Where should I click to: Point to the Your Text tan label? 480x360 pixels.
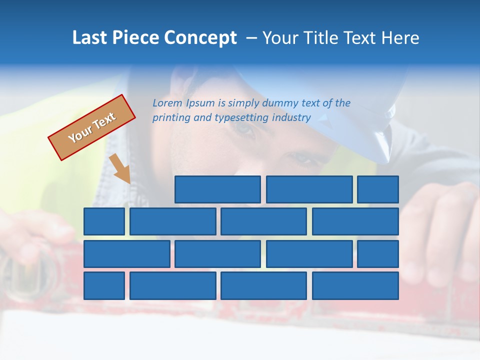coord(91,127)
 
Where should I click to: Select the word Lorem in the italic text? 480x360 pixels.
coord(167,103)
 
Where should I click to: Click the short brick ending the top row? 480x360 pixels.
coord(378,189)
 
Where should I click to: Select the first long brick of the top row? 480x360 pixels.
coord(217,189)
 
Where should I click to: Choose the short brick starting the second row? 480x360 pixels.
coord(104,221)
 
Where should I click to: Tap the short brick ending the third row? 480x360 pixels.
coord(378,254)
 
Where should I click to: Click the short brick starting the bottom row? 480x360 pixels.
coord(104,286)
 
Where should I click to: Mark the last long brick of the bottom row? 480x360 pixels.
coord(355,286)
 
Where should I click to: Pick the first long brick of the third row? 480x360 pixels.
coord(127,254)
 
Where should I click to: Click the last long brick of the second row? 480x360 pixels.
coord(355,221)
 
